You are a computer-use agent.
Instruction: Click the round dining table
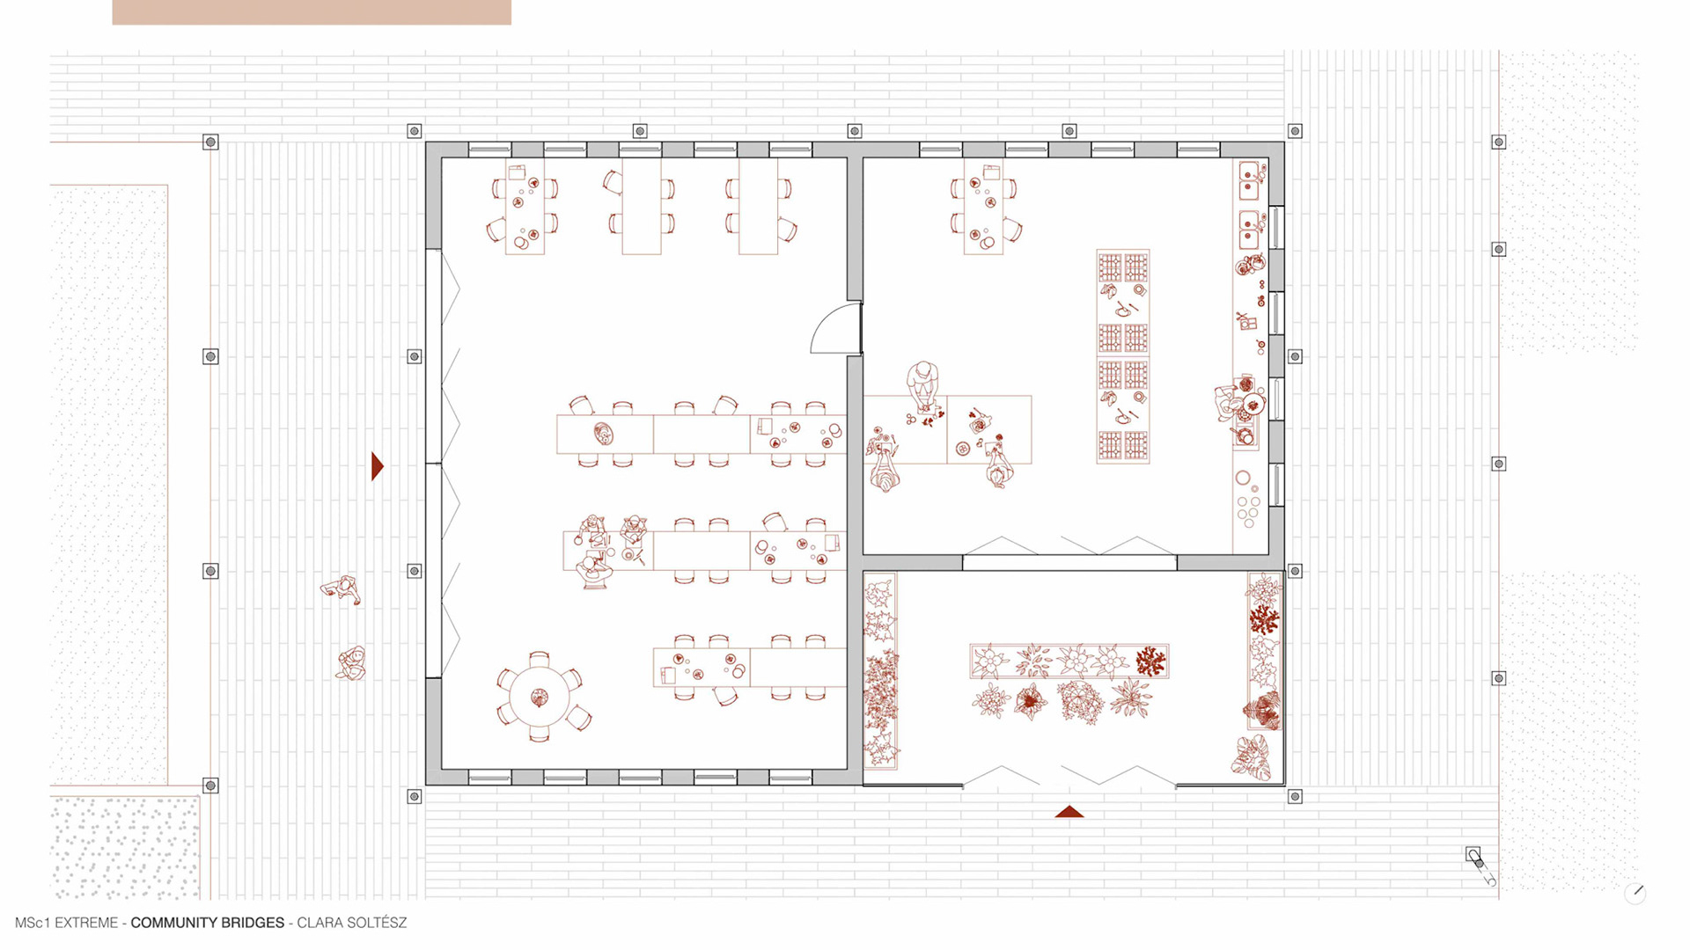[x=539, y=698]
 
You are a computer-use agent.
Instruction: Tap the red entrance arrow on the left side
[x=377, y=466]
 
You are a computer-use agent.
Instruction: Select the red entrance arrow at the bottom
[x=1069, y=812]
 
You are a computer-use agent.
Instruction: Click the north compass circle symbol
[x=1635, y=894]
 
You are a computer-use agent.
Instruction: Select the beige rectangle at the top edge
[x=312, y=12]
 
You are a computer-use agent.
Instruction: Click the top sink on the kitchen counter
[x=1249, y=181]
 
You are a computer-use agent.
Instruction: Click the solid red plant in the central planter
[x=1150, y=661]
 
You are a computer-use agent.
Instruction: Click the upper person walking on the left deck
[x=341, y=589]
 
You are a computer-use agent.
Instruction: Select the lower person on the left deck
[x=351, y=663]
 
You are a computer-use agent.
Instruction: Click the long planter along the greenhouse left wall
[x=880, y=671]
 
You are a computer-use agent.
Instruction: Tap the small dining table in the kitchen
[x=983, y=207]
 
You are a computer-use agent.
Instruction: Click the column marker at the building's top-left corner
[x=415, y=131]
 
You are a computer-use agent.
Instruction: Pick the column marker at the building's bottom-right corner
[x=1295, y=797]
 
